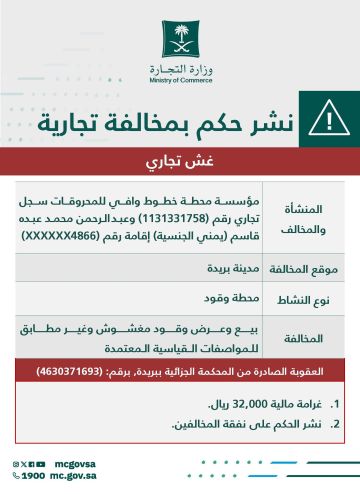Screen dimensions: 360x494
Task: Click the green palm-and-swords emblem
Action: click(x=179, y=42)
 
